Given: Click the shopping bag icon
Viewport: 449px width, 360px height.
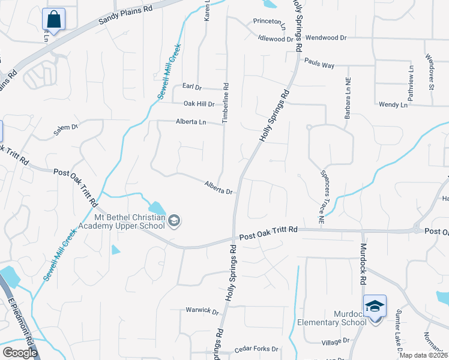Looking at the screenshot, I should pyautogui.click(x=53, y=19).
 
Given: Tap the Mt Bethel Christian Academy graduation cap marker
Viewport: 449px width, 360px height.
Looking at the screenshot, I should pyautogui.click(x=174, y=221).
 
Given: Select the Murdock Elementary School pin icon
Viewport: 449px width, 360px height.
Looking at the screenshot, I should pyautogui.click(x=375, y=307).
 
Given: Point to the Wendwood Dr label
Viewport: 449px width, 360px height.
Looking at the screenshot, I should pyautogui.click(x=327, y=37).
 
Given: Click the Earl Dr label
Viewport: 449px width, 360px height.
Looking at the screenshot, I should pyautogui.click(x=192, y=87).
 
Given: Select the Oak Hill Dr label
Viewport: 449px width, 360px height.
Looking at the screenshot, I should pyautogui.click(x=199, y=104).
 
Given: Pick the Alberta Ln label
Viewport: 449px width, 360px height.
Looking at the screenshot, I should pyautogui.click(x=190, y=122).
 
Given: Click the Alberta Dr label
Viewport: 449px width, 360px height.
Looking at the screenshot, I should pyautogui.click(x=218, y=188).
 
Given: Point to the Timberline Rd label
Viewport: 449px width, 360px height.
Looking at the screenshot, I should pyautogui.click(x=226, y=103).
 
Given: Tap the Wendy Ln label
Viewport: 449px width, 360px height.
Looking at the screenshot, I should pyautogui.click(x=393, y=104).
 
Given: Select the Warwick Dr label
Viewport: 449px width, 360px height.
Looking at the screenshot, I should pyautogui.click(x=202, y=311).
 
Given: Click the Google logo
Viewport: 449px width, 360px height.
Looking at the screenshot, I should pyautogui.click(x=19, y=352).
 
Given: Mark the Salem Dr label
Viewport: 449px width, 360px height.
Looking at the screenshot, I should pyautogui.click(x=66, y=128).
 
